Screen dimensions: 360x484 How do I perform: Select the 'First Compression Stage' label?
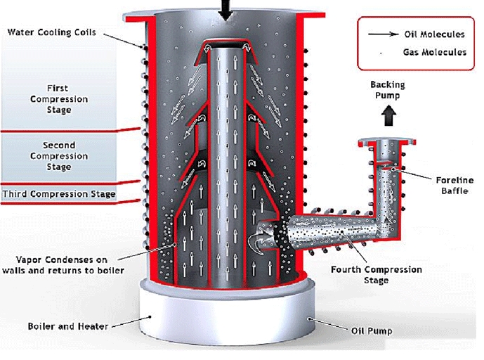click(58, 99)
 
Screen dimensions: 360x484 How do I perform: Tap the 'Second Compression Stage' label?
click(58, 156)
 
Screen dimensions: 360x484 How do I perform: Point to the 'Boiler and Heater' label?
click(63, 326)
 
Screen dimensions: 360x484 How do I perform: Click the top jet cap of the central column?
click(225, 46)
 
